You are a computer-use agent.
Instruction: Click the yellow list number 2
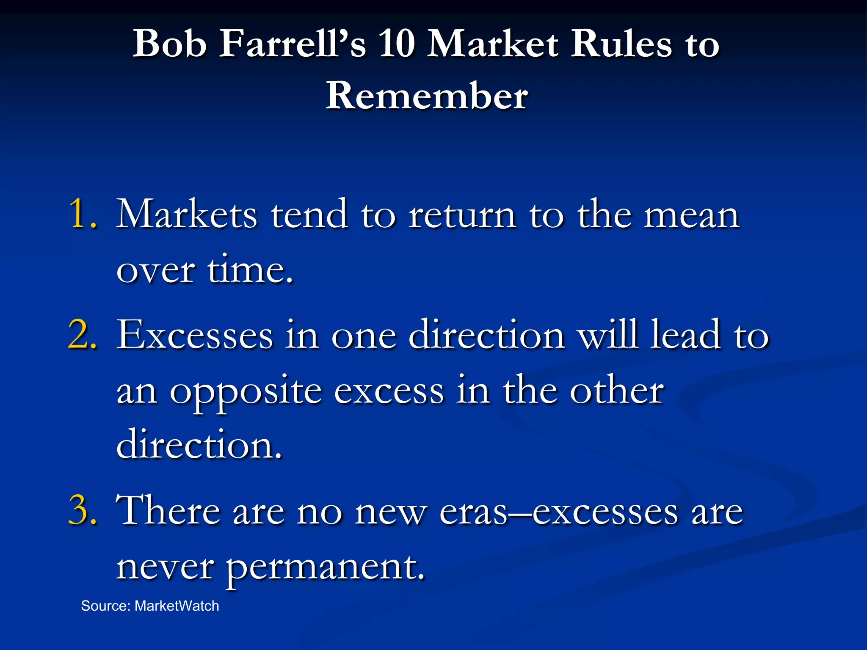coord(82,335)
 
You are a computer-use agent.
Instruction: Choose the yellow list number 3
coord(82,511)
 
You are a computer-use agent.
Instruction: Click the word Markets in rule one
coord(187,214)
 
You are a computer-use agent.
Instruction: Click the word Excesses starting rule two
coord(195,335)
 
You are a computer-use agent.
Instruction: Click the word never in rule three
coord(165,567)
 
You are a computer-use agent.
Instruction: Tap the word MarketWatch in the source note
coord(177,606)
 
